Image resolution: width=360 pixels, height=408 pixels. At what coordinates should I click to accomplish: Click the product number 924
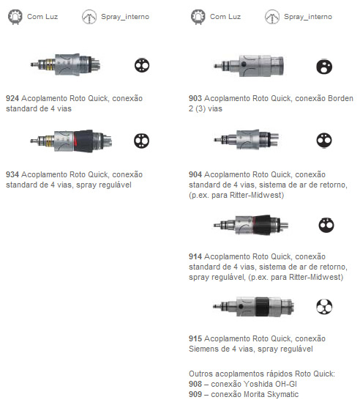click(12, 98)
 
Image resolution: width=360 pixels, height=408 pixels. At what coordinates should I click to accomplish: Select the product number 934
click(12, 174)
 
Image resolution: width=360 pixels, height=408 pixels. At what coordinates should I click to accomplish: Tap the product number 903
click(195, 98)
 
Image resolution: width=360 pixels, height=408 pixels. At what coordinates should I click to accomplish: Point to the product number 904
click(195, 174)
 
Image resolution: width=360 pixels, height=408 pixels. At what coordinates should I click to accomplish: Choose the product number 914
click(195, 256)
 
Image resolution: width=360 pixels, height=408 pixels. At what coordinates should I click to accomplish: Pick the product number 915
click(195, 338)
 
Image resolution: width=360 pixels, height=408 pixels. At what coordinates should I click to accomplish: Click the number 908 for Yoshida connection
click(195, 384)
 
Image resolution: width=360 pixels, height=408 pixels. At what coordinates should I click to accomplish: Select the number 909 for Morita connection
click(195, 394)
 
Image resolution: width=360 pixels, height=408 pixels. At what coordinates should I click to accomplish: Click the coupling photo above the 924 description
click(65, 64)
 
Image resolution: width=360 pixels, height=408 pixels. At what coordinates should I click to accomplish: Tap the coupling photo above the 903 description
click(249, 66)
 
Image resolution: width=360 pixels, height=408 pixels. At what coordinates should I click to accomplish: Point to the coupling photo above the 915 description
click(254, 306)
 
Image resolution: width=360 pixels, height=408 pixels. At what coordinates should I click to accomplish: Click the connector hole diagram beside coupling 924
click(142, 65)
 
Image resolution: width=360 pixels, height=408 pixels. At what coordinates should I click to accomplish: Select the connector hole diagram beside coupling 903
click(324, 67)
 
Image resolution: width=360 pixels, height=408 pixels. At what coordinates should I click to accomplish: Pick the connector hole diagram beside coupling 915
click(324, 306)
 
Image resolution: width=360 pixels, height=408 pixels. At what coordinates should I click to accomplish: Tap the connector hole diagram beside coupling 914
click(326, 225)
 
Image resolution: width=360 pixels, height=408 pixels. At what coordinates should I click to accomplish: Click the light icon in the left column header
click(15, 17)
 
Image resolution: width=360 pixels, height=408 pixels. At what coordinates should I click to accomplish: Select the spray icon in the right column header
click(272, 17)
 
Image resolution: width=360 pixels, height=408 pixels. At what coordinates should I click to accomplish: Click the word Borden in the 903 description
click(340, 98)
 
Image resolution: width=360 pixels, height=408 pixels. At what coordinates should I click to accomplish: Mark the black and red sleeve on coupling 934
click(83, 141)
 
